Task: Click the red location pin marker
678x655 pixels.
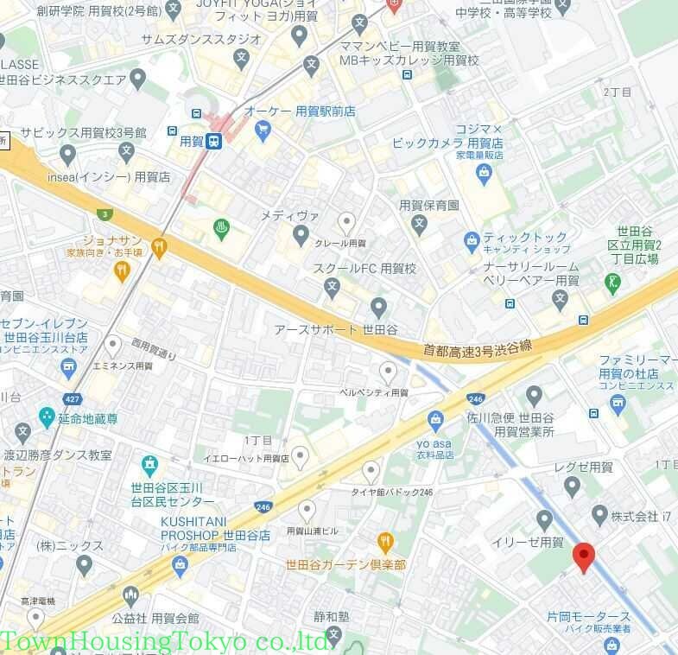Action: (x=584, y=557)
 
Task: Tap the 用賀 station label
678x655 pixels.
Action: (x=191, y=141)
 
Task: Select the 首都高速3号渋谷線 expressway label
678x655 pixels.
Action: (x=477, y=348)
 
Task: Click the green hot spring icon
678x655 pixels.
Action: (x=222, y=229)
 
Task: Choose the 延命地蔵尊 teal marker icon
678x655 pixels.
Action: (x=47, y=418)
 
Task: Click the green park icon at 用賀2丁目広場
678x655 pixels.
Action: (x=613, y=282)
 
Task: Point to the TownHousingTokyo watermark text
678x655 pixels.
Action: (x=164, y=642)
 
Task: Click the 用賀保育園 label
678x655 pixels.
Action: (x=428, y=206)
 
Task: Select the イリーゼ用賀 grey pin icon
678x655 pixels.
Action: (x=544, y=519)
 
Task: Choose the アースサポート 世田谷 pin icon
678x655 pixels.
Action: (x=378, y=307)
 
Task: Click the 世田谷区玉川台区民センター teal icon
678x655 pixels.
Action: (x=149, y=466)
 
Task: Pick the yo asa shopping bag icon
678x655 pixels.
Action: (x=436, y=422)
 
